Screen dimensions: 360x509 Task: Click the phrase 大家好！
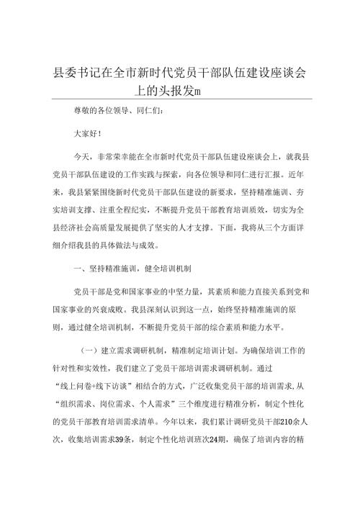89,133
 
